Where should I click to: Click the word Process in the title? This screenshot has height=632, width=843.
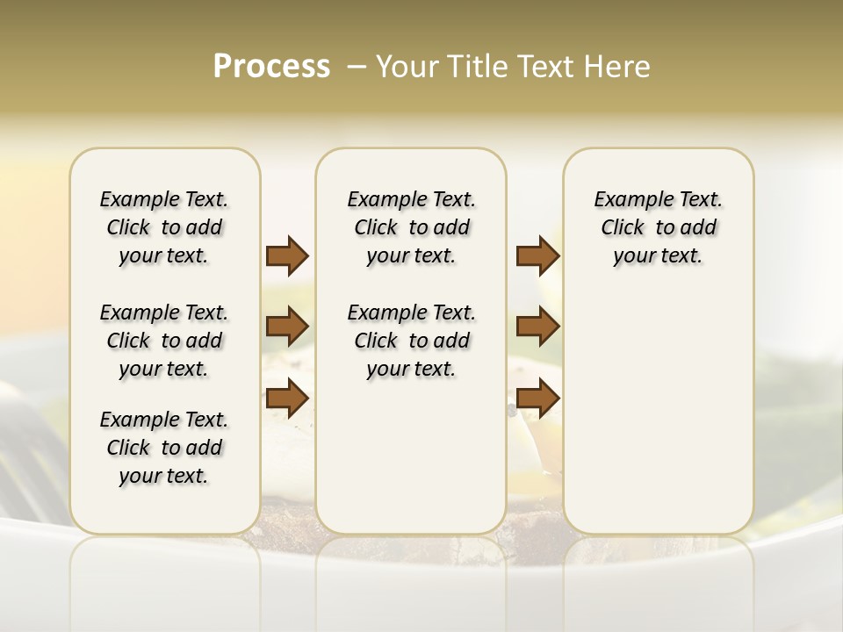271,67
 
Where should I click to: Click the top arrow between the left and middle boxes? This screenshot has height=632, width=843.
287,255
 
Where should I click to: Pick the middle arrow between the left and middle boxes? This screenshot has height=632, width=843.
287,327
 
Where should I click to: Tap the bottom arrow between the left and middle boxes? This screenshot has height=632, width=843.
287,398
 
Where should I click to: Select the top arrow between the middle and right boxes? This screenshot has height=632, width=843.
537,255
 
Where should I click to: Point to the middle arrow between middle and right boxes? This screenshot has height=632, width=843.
537,327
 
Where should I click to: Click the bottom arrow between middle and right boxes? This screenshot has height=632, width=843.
537,398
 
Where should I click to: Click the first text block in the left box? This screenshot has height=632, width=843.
164,227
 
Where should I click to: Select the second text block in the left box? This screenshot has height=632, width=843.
164,341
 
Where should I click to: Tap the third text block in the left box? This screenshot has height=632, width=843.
164,448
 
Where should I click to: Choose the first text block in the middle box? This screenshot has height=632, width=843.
411,227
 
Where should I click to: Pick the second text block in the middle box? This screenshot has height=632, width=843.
411,341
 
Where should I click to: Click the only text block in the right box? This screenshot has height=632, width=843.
658,227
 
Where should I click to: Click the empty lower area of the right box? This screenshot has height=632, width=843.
658,413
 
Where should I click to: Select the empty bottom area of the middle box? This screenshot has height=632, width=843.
411,456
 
